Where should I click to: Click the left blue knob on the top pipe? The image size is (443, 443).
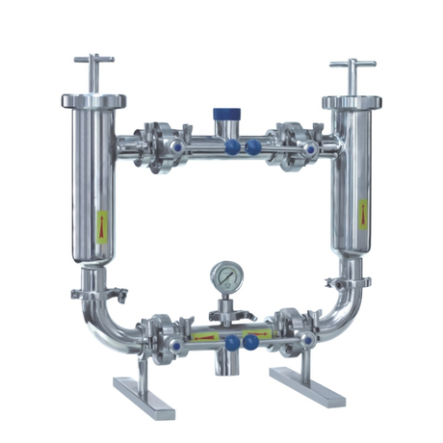(232, 147)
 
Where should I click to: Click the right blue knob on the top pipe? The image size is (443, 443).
(252, 147)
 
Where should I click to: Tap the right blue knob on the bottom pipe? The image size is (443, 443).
(251, 342)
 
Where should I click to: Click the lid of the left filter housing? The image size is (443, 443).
(93, 99)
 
